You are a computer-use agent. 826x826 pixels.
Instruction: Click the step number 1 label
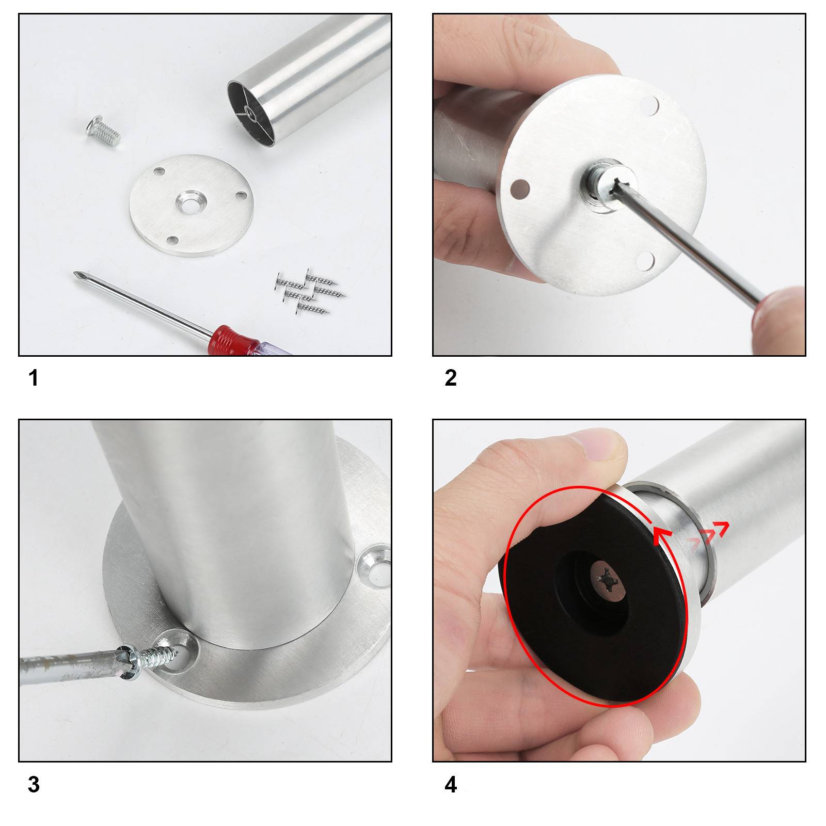(34, 378)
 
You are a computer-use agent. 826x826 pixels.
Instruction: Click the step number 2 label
(450, 378)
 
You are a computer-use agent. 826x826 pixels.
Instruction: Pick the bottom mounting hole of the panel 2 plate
(645, 261)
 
